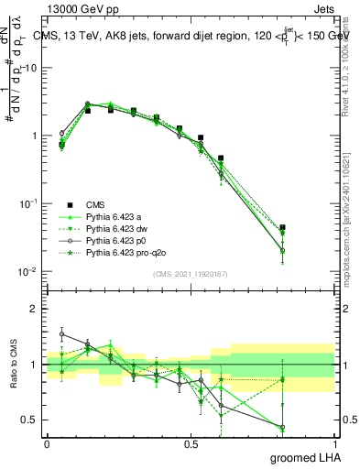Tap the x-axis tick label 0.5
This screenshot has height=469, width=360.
pos(191,443)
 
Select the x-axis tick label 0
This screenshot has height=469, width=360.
pos(47,443)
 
